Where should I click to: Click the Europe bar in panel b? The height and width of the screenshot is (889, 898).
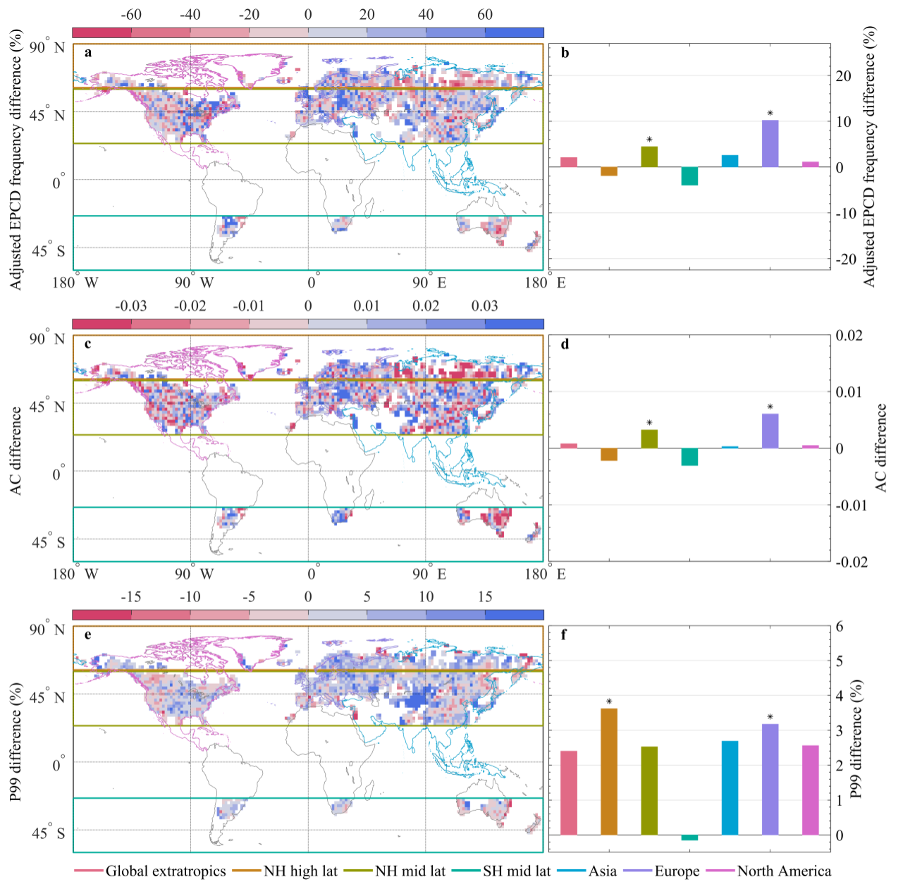tap(770, 144)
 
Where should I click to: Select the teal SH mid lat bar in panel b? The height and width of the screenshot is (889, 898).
tap(689, 176)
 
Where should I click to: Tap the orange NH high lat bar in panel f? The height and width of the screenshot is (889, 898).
tap(609, 771)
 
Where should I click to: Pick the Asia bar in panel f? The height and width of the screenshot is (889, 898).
tap(730, 787)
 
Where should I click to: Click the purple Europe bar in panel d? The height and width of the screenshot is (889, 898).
tap(770, 431)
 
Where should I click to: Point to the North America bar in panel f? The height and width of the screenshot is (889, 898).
tap(811, 790)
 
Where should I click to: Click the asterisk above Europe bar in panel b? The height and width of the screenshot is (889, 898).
tap(770, 114)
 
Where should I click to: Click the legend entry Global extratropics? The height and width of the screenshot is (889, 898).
tap(165, 871)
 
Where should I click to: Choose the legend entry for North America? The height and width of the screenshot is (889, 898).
tap(784, 871)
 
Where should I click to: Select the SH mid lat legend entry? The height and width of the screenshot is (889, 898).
tap(516, 871)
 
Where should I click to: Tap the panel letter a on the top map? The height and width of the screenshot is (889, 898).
tap(87, 52)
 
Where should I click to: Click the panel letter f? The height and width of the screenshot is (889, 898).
tap(564, 634)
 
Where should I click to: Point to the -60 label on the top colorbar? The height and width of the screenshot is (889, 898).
tap(131, 15)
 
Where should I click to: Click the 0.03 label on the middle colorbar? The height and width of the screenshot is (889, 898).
tap(484, 306)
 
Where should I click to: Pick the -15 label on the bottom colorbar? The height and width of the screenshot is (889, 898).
tap(131, 597)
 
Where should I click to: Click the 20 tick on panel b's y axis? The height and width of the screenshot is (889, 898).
tap(844, 76)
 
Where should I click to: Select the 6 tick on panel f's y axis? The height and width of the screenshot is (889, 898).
tap(839, 627)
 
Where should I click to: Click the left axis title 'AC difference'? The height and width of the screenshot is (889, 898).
tap(16, 451)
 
